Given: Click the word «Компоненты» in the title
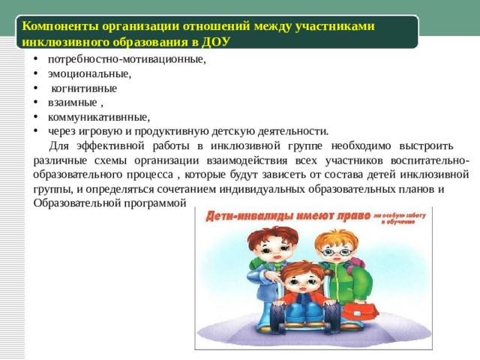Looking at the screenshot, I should (58, 25).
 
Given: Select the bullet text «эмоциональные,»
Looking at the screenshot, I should (89, 73).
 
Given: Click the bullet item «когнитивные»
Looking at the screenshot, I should (84, 88).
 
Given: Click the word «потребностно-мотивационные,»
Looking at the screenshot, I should (126, 59).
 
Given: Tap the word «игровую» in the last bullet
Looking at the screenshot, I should (107, 130).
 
